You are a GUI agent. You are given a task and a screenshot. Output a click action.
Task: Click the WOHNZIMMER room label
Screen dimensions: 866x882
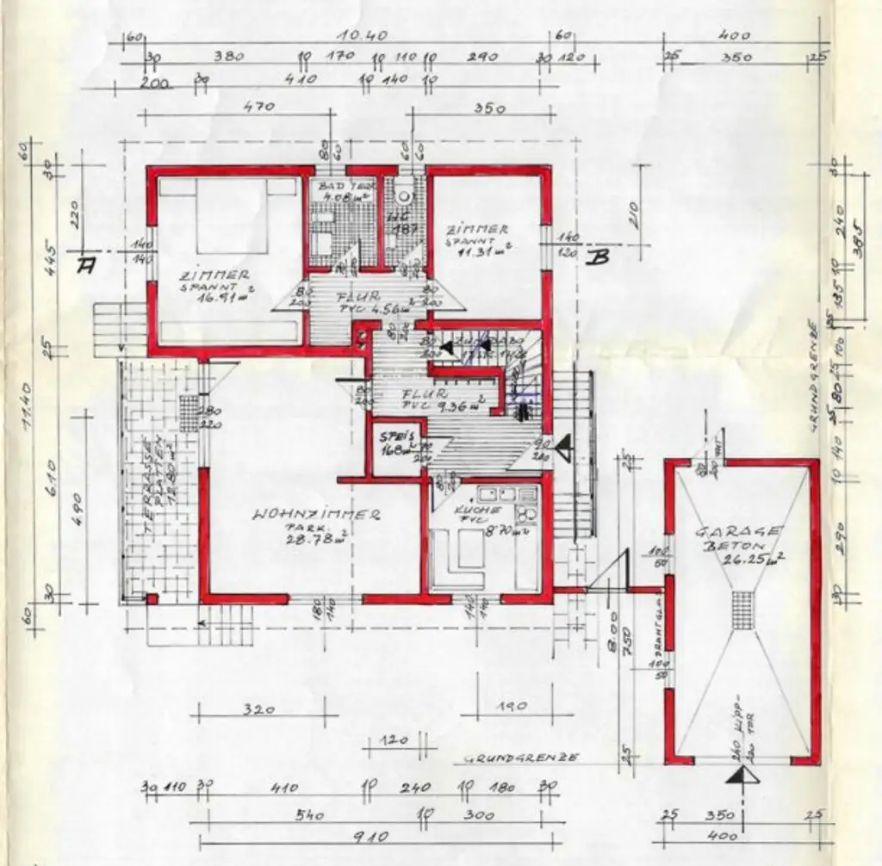(316, 515)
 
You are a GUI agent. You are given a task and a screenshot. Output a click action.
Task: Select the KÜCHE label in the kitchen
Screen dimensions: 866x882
(474, 510)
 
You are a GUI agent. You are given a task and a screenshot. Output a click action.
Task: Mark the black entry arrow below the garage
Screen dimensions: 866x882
(738, 776)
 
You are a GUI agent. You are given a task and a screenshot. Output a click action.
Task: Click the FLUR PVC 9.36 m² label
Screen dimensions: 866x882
(448, 399)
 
